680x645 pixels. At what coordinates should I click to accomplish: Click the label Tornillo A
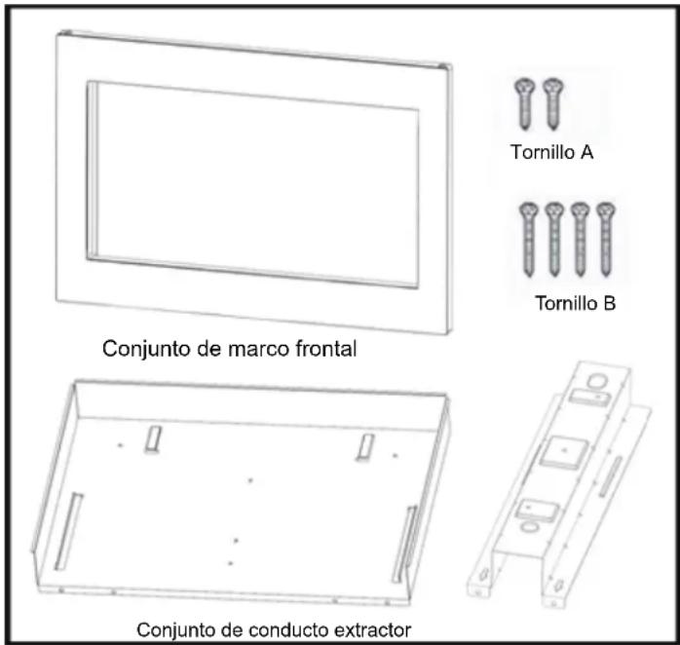pos(551,153)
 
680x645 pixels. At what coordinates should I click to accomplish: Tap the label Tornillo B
pos(575,303)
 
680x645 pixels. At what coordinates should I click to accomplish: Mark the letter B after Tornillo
pos(609,303)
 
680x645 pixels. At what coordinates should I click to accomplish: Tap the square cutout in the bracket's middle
pos(558,450)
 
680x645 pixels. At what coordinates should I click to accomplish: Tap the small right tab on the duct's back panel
pos(365,447)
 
